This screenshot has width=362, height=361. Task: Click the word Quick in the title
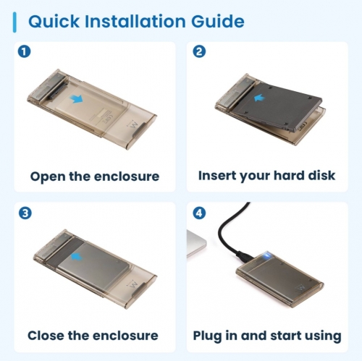(54, 22)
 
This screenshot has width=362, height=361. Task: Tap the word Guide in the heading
(218, 21)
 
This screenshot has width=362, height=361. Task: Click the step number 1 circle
(24, 51)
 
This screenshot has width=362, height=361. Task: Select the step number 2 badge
(199, 51)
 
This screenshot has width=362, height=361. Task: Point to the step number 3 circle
(25, 213)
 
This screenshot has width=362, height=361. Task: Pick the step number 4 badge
(199, 213)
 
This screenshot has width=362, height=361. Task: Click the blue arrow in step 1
(76, 99)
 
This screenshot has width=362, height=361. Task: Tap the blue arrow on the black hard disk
(260, 98)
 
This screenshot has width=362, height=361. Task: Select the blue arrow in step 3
(77, 256)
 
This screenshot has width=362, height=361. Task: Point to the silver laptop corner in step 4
(196, 244)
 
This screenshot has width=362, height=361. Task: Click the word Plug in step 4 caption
(207, 336)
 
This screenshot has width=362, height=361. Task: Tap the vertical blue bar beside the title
(14, 22)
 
